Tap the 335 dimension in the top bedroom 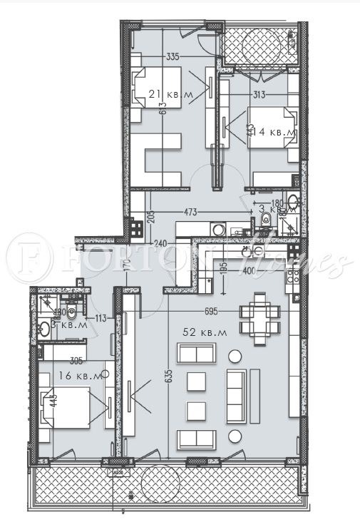coord(171,56)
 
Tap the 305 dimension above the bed coord(76,361)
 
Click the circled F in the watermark coord(29,258)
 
